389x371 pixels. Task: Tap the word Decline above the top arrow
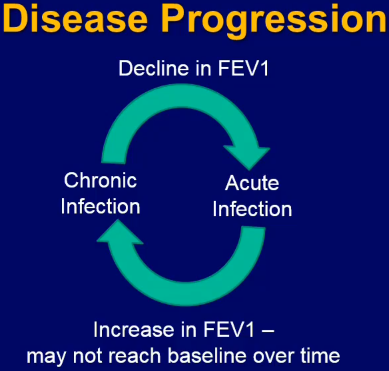pyautogui.click(x=154, y=68)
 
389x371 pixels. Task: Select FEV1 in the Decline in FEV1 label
pyautogui.click(x=243, y=68)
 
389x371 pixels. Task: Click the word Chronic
pyautogui.click(x=100, y=180)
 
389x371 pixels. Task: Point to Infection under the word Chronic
pyautogui.click(x=100, y=206)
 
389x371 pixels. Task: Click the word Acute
pyautogui.click(x=252, y=183)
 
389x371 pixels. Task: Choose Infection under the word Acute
pyautogui.click(x=252, y=209)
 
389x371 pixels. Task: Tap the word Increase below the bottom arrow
pyautogui.click(x=134, y=330)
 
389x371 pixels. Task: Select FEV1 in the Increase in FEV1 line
pyautogui.click(x=229, y=330)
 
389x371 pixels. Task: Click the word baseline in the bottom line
pyautogui.click(x=207, y=355)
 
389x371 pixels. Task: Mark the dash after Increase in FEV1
pyautogui.click(x=268, y=331)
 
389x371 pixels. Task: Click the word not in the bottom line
pyautogui.click(x=87, y=356)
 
